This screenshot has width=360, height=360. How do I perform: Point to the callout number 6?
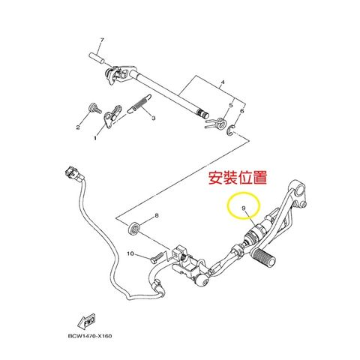pos(242,111)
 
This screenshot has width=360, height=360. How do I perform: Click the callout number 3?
pos(153,118)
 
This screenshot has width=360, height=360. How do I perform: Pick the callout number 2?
pos(77,127)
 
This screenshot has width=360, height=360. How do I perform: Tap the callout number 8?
pos(157,216)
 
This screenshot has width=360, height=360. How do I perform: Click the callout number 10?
pos(129,254)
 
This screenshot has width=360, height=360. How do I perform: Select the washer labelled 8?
pos(135,226)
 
